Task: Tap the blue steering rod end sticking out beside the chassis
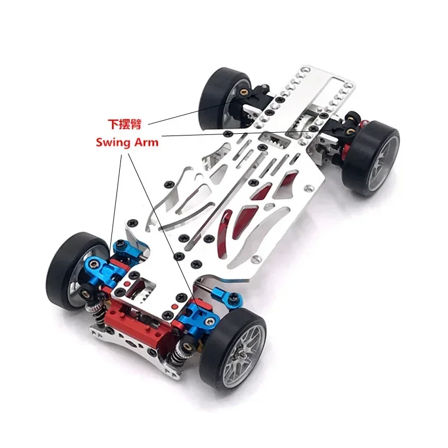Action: coord(228,294)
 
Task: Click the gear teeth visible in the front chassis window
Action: coord(138,286)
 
